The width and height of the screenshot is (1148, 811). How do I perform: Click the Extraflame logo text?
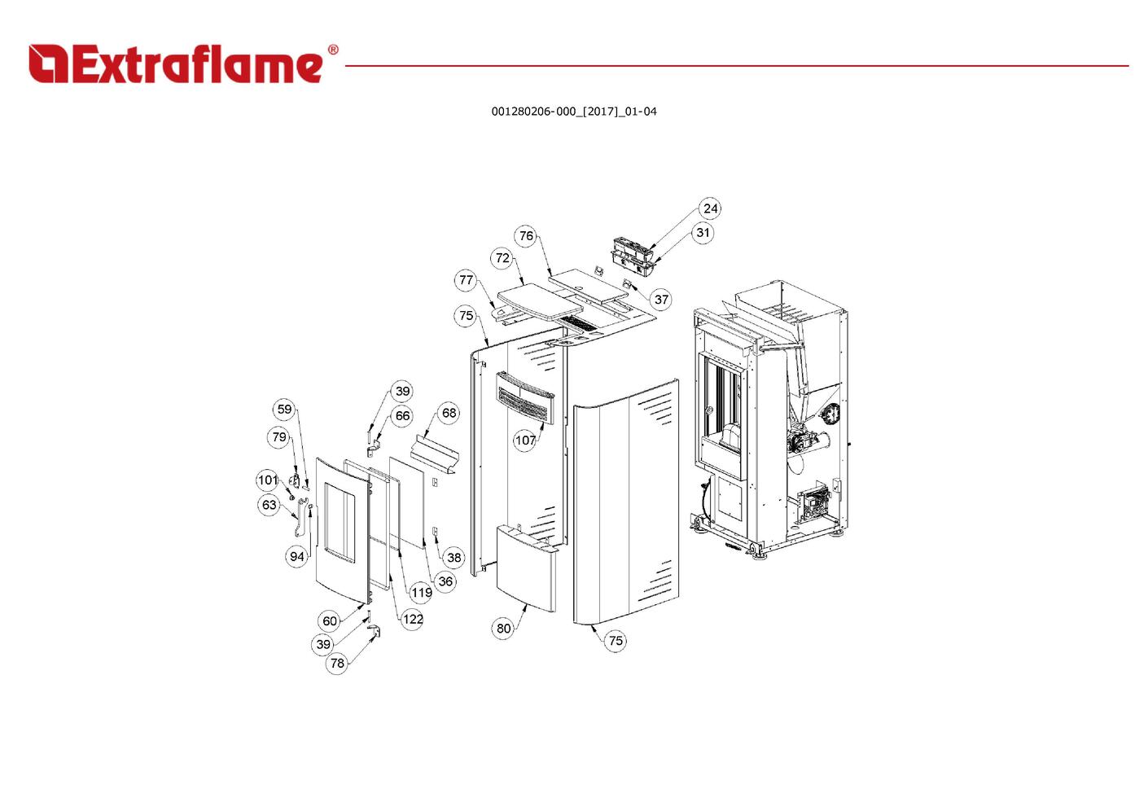click(176, 65)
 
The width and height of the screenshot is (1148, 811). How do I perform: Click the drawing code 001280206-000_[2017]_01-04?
click(574, 112)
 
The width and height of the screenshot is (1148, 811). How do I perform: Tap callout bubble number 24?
click(710, 208)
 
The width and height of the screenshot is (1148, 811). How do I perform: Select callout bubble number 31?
click(703, 233)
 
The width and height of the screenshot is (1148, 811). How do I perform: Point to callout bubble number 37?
click(661, 300)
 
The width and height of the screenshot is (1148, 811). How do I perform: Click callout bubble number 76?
click(526, 236)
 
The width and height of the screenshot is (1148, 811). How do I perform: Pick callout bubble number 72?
click(503, 258)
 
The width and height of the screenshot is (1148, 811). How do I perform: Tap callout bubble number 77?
click(466, 280)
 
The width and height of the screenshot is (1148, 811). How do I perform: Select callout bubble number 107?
click(525, 441)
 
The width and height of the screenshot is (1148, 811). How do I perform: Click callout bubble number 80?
click(503, 629)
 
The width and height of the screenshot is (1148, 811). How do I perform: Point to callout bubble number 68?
click(449, 413)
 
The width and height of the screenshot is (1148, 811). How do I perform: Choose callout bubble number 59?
click(284, 409)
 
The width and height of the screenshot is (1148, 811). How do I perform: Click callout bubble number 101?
click(268, 480)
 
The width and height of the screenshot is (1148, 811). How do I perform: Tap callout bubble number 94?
click(296, 556)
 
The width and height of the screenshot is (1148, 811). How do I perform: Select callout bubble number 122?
click(413, 620)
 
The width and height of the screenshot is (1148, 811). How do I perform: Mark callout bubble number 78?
click(337, 664)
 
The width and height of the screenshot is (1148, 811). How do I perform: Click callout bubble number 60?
click(330, 621)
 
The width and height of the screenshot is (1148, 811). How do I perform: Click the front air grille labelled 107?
click(525, 397)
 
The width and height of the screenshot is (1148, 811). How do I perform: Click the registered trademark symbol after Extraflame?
click(333, 50)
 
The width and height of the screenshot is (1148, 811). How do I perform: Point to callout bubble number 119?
click(421, 593)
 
